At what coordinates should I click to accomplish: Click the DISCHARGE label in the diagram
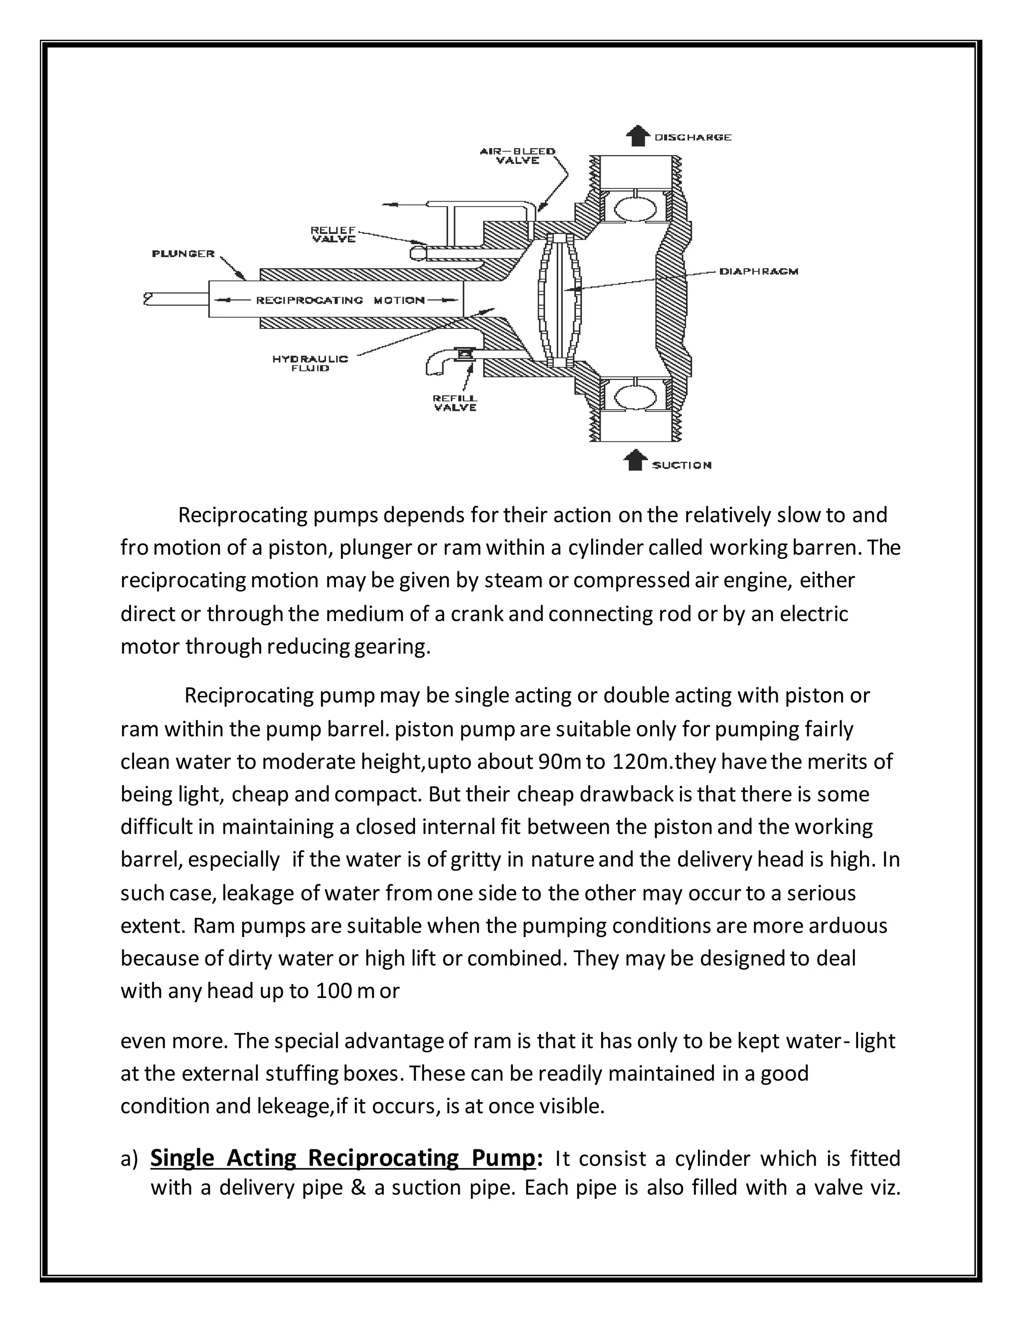point(692,137)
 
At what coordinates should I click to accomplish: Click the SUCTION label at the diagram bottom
point(681,465)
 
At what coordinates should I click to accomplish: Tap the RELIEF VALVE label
point(334,234)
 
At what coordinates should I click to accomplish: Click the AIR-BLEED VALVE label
point(518,156)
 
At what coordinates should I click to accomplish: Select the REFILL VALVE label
point(455,403)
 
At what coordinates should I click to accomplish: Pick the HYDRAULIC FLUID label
point(310,363)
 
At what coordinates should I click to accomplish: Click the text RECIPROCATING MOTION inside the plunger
point(340,300)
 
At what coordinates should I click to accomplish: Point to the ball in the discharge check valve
point(635,209)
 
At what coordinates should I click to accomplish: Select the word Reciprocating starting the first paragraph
point(243,515)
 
